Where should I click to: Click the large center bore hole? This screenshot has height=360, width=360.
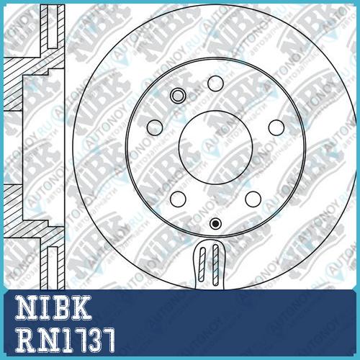coord(215,148)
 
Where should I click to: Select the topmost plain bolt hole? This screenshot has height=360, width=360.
coord(215,84)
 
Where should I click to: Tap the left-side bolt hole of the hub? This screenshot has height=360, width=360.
coord(155,127)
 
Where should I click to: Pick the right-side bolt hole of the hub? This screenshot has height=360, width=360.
coord(276,127)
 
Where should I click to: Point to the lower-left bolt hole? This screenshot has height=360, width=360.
coord(178,199)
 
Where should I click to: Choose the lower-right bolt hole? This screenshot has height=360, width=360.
coord(253,199)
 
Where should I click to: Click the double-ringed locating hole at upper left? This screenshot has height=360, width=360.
coord(178,96)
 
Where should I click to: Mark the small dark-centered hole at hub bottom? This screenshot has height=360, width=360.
coord(215,223)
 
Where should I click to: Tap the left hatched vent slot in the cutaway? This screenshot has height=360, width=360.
coord(202,265)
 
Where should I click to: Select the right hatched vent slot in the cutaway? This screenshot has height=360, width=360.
coord(215,265)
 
